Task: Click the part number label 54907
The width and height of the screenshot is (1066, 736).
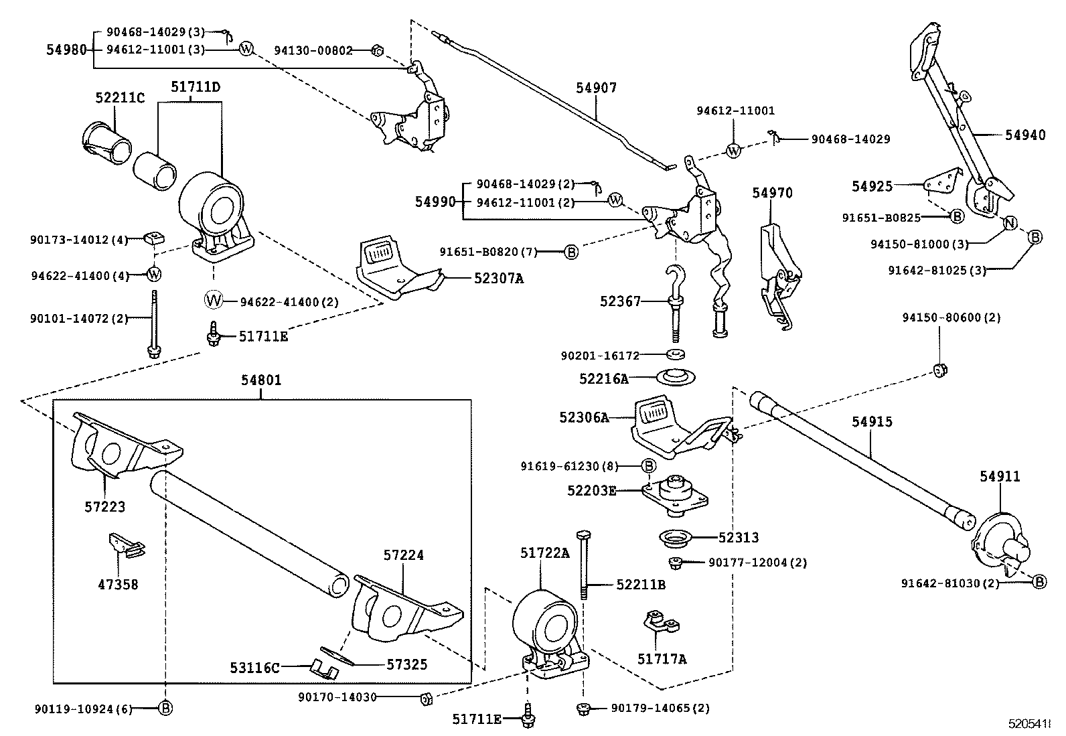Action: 596,88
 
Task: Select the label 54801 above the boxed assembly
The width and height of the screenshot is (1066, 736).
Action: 261,380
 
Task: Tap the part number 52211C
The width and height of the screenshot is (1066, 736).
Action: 119,98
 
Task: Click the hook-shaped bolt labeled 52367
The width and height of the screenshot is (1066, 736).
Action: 672,295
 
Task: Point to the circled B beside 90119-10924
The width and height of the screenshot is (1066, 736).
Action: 165,708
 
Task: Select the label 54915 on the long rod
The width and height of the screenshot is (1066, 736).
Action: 872,422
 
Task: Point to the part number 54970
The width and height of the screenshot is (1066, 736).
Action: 772,193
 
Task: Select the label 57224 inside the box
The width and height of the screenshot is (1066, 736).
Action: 404,555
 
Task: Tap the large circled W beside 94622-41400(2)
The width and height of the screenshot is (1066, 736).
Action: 214,301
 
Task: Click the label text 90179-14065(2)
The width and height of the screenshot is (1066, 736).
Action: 651,708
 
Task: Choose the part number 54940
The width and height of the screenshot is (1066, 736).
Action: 1024,135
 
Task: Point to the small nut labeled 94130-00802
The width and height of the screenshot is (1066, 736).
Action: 376,50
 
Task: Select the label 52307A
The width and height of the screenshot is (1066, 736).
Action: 498,277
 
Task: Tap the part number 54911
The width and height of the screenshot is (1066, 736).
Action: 1000,476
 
